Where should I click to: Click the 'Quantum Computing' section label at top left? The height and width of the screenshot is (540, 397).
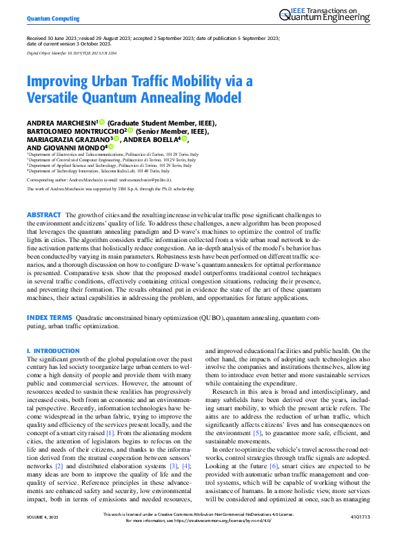tap(53, 19)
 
